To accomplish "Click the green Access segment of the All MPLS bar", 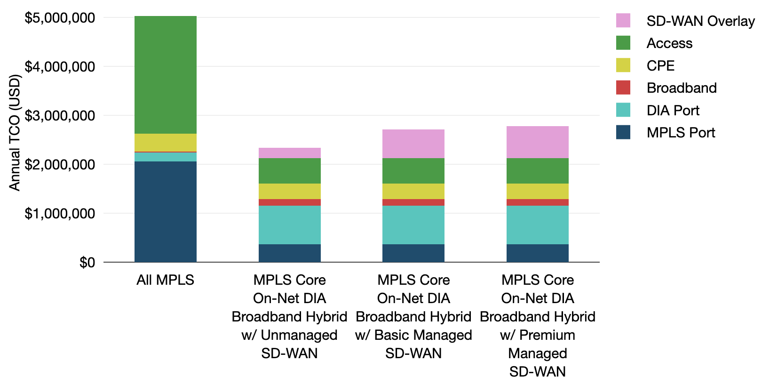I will click(x=165, y=75).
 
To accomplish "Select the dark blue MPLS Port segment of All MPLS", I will click(x=165, y=211).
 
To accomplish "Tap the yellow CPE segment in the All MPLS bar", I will click(x=165, y=142).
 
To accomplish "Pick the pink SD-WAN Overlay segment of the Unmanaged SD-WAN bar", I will click(x=289, y=153).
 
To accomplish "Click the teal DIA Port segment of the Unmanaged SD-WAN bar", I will click(x=289, y=225).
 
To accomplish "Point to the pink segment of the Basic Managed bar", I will click(x=413, y=144).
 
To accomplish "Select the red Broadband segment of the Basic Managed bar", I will click(x=413, y=202).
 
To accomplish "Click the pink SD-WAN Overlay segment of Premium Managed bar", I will click(x=537, y=142).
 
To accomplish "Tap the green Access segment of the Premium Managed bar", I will click(x=537, y=170).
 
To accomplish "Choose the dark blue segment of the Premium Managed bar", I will click(x=537, y=253).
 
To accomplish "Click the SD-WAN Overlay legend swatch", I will click(x=623, y=21).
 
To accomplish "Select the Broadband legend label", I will click(x=681, y=88).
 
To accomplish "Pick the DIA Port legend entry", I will click(x=673, y=110).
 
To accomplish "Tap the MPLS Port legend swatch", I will click(x=623, y=132).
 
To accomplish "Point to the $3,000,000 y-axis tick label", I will click(x=59, y=115).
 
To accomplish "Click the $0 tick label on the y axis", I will click(x=87, y=262).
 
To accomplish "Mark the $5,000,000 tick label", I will click(x=59, y=18).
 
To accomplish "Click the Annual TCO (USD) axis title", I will click(x=15, y=132).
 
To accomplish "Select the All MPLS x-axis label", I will click(x=165, y=280).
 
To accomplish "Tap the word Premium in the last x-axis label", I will click(x=547, y=335).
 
